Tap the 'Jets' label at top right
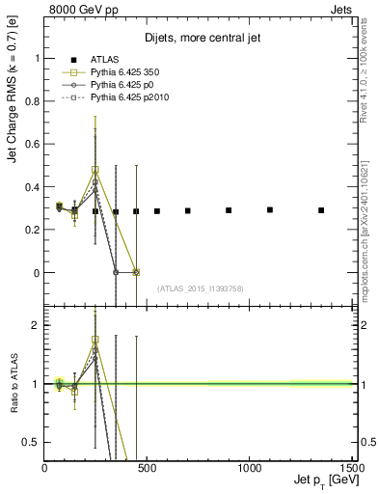click(340, 9)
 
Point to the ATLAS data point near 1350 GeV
click(321, 210)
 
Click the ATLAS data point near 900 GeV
click(229, 210)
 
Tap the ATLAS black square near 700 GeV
click(187, 210)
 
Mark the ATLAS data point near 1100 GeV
click(270, 209)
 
